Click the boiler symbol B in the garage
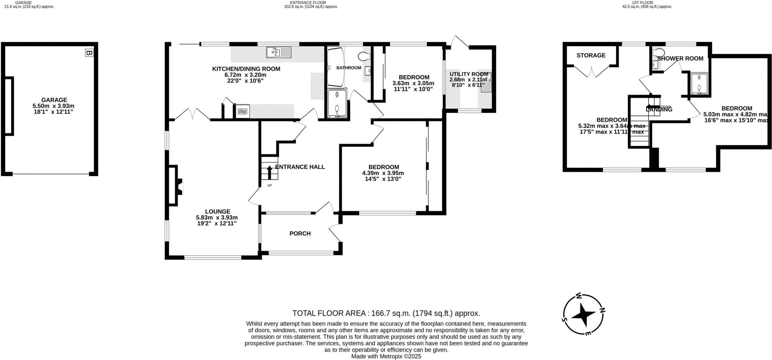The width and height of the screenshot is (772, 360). [x=89, y=53]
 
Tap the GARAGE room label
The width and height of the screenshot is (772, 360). [x=54, y=100]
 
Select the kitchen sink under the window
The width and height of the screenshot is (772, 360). [x=279, y=52]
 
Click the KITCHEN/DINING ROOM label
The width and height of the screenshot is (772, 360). [x=246, y=69]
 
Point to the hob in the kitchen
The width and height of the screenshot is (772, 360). [x=242, y=112]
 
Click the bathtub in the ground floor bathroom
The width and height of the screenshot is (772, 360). [x=335, y=67]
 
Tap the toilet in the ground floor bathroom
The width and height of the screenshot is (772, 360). [x=363, y=57]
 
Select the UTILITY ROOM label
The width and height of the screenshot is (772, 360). [x=469, y=74]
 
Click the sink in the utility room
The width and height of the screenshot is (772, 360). [x=486, y=83]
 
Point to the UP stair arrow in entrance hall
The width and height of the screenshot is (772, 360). [x=269, y=173]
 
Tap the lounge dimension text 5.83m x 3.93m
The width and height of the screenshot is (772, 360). [x=217, y=218]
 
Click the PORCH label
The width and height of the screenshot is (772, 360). [x=300, y=234]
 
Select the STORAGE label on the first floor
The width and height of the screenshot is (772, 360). [x=591, y=55]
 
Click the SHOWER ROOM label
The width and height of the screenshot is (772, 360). [x=680, y=58]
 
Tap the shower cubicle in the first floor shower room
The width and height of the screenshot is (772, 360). [x=699, y=83]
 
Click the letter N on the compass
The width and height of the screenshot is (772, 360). [x=602, y=311]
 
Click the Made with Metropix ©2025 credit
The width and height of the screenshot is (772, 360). [x=386, y=356]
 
